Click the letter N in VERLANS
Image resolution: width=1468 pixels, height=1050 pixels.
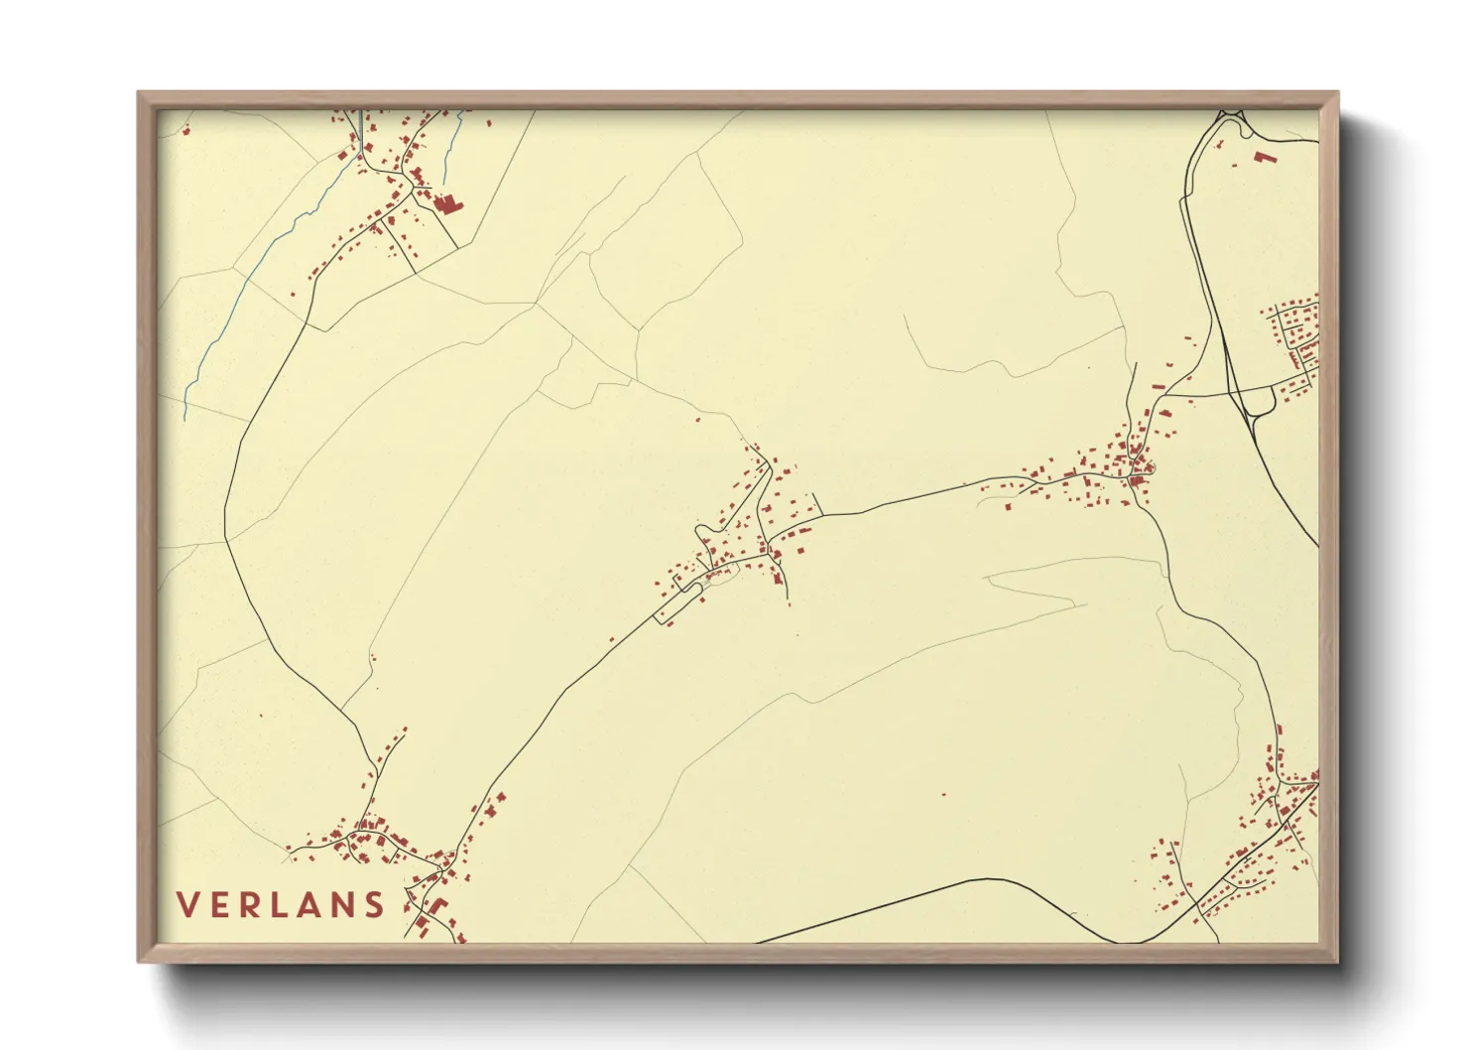point(343,905)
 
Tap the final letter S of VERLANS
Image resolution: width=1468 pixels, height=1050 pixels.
point(374,905)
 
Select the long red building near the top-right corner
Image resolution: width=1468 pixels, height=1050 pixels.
point(1265,156)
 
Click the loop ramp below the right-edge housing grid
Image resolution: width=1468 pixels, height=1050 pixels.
point(1260,401)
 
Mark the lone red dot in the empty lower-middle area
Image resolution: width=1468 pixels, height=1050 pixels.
point(942,794)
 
